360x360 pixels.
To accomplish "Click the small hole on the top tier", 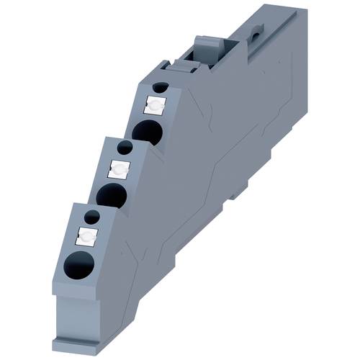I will [x=161, y=88].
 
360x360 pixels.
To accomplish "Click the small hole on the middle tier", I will [x=125, y=148].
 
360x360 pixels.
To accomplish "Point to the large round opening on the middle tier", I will [x=111, y=194].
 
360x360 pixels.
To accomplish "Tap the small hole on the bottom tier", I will [x=91, y=215].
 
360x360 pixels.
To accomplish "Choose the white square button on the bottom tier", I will [x=86, y=235].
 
